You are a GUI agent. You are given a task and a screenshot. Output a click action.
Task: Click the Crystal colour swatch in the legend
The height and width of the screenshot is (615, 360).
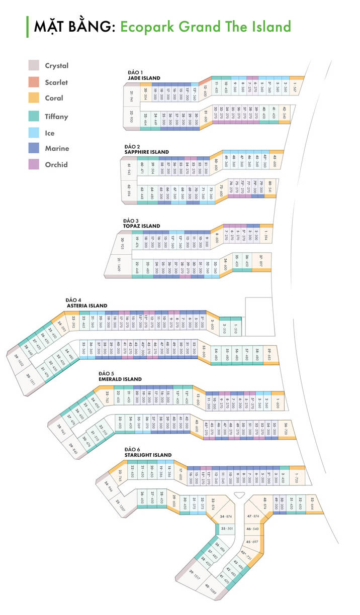click(x=34, y=65)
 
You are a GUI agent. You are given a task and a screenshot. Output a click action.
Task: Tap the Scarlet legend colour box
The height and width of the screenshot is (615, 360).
click(x=34, y=82)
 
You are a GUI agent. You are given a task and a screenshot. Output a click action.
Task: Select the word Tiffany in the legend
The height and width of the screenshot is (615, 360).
click(x=56, y=117)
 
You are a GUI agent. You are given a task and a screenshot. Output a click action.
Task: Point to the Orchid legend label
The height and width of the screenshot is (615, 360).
click(x=56, y=164)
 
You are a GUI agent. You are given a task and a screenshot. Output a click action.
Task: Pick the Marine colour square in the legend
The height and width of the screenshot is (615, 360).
click(x=34, y=148)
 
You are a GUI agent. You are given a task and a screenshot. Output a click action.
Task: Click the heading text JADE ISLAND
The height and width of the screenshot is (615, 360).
click(x=144, y=78)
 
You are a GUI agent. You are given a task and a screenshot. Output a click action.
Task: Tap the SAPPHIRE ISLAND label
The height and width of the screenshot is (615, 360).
click(x=146, y=152)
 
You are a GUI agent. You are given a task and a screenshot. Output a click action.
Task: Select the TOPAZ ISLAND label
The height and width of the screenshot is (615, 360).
click(x=141, y=226)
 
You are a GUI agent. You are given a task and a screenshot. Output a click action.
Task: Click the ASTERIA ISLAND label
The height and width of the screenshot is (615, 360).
click(x=87, y=305)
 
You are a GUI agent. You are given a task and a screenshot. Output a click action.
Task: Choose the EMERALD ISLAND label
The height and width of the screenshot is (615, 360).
click(x=120, y=379)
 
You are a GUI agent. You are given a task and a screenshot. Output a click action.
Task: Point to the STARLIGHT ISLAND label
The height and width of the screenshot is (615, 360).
click(x=148, y=455)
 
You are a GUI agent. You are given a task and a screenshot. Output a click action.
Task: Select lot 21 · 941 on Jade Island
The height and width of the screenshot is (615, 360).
click(x=132, y=95)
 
